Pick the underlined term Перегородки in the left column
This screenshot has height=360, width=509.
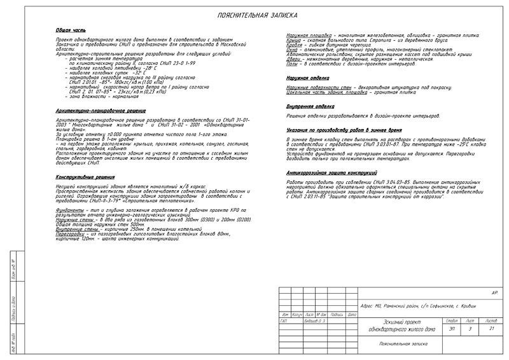pyautogui.click(x=69, y=234)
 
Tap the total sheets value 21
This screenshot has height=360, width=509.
pyautogui.click(x=491, y=329)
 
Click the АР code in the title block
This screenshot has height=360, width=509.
pyautogui.click(x=494, y=292)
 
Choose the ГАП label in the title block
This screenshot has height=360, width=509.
pyautogui.click(x=283, y=321)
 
